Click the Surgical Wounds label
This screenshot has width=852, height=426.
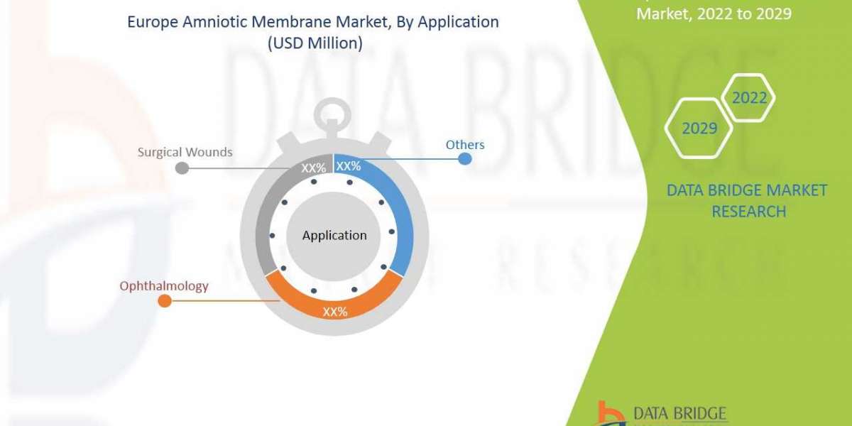point(185,152)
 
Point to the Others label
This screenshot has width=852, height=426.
point(465,145)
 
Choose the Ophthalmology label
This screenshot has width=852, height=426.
point(164,286)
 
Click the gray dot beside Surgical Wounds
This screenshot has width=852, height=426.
point(182,168)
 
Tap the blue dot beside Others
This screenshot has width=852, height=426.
point(465,159)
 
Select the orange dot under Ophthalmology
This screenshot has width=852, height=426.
point(164,301)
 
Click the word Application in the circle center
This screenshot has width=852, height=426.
point(334,235)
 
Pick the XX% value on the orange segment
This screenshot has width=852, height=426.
point(334,312)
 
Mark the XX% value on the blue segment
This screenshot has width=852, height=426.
point(349,167)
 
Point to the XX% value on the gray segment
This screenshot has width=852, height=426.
point(314,168)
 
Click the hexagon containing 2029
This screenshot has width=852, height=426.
point(699,129)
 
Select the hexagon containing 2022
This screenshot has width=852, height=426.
point(749,97)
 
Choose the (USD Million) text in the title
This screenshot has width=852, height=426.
point(312,43)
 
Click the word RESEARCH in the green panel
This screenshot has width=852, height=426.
point(748,211)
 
